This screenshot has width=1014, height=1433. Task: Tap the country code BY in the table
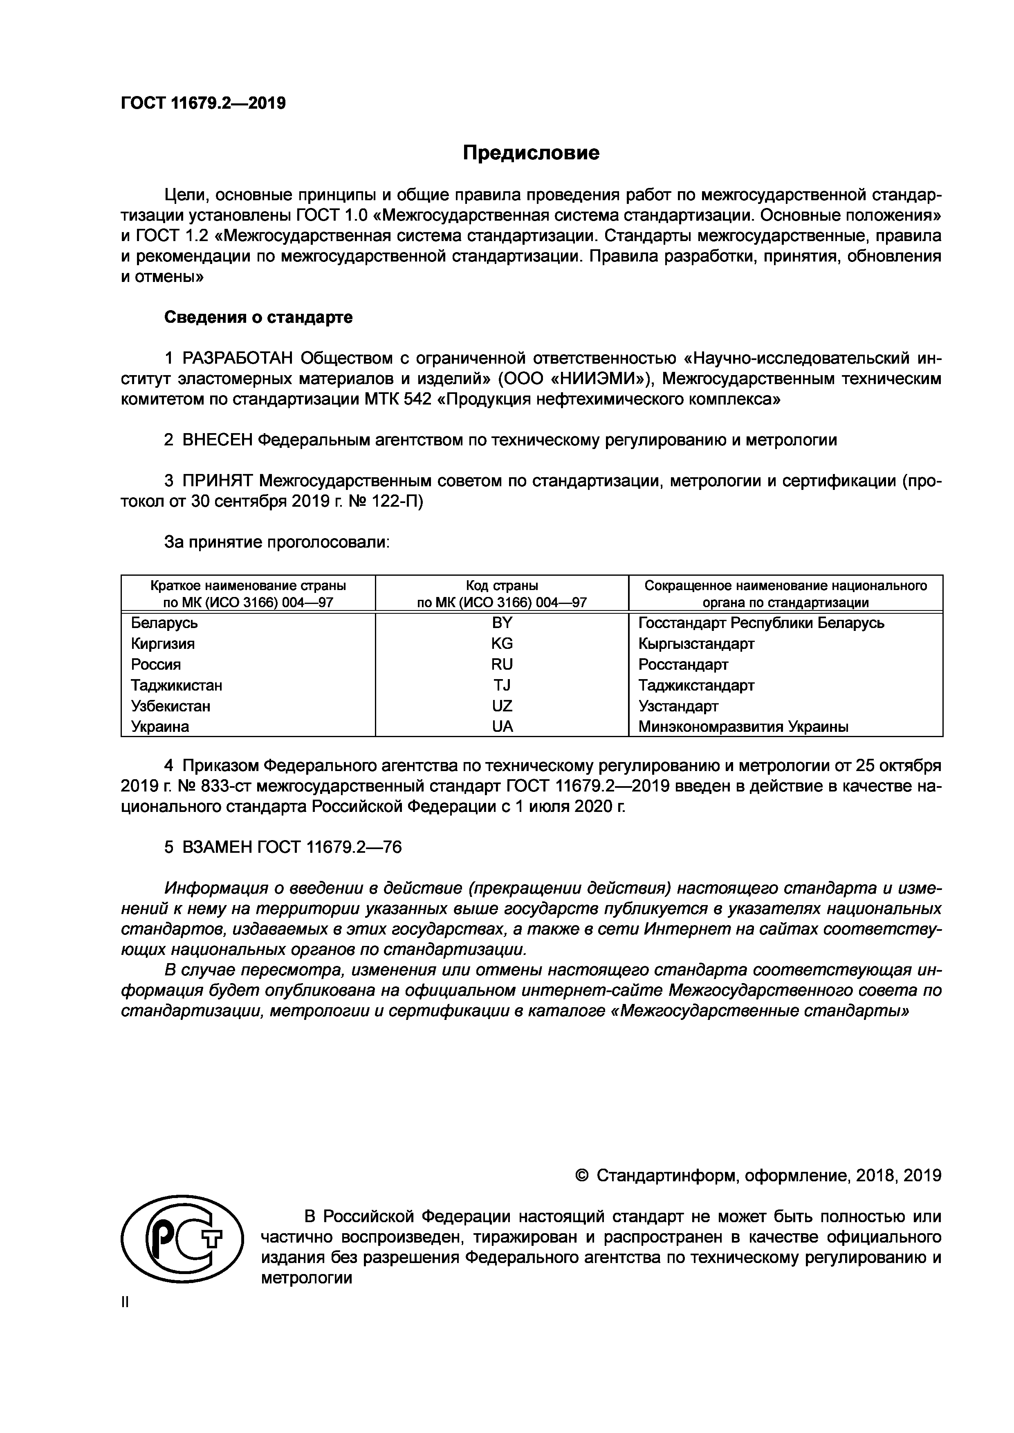(x=502, y=623)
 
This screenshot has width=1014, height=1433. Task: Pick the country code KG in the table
(x=502, y=644)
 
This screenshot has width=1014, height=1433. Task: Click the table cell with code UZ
(x=502, y=706)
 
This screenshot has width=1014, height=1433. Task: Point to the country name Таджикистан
(x=176, y=685)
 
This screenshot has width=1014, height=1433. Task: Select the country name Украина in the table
(x=160, y=727)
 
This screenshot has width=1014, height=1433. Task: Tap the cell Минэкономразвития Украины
(x=743, y=727)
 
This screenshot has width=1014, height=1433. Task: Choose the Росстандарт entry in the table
(x=683, y=664)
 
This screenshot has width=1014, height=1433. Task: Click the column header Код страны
(x=502, y=586)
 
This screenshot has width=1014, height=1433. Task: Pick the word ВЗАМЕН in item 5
(x=217, y=847)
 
